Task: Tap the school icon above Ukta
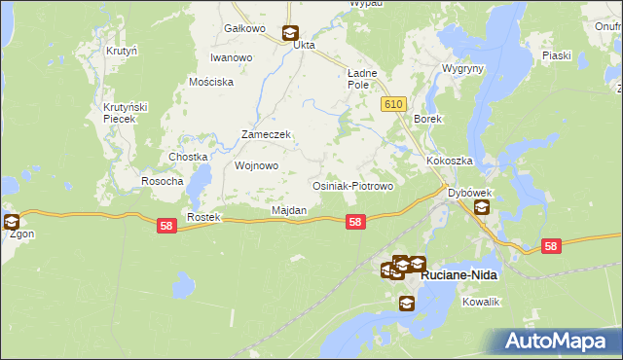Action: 289,32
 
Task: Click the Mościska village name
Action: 212,82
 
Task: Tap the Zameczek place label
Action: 267,135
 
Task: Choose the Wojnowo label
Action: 257,165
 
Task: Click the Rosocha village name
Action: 163,181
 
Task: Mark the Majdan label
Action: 289,210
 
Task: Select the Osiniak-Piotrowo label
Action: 351,185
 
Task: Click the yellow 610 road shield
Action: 393,104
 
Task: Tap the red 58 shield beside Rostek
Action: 166,226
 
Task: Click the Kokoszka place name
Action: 449,161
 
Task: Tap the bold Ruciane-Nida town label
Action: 458,275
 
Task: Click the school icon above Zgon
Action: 11,222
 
